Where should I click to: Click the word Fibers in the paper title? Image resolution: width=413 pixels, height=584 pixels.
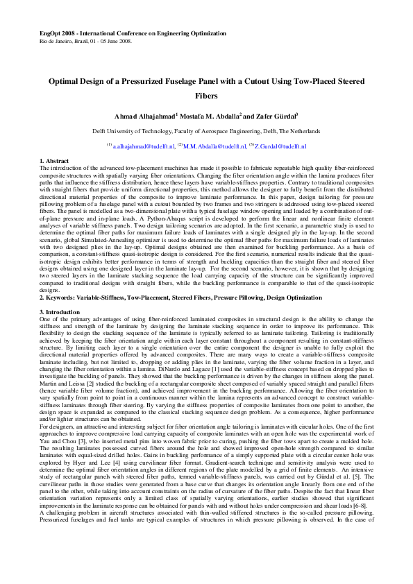click(206, 96)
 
